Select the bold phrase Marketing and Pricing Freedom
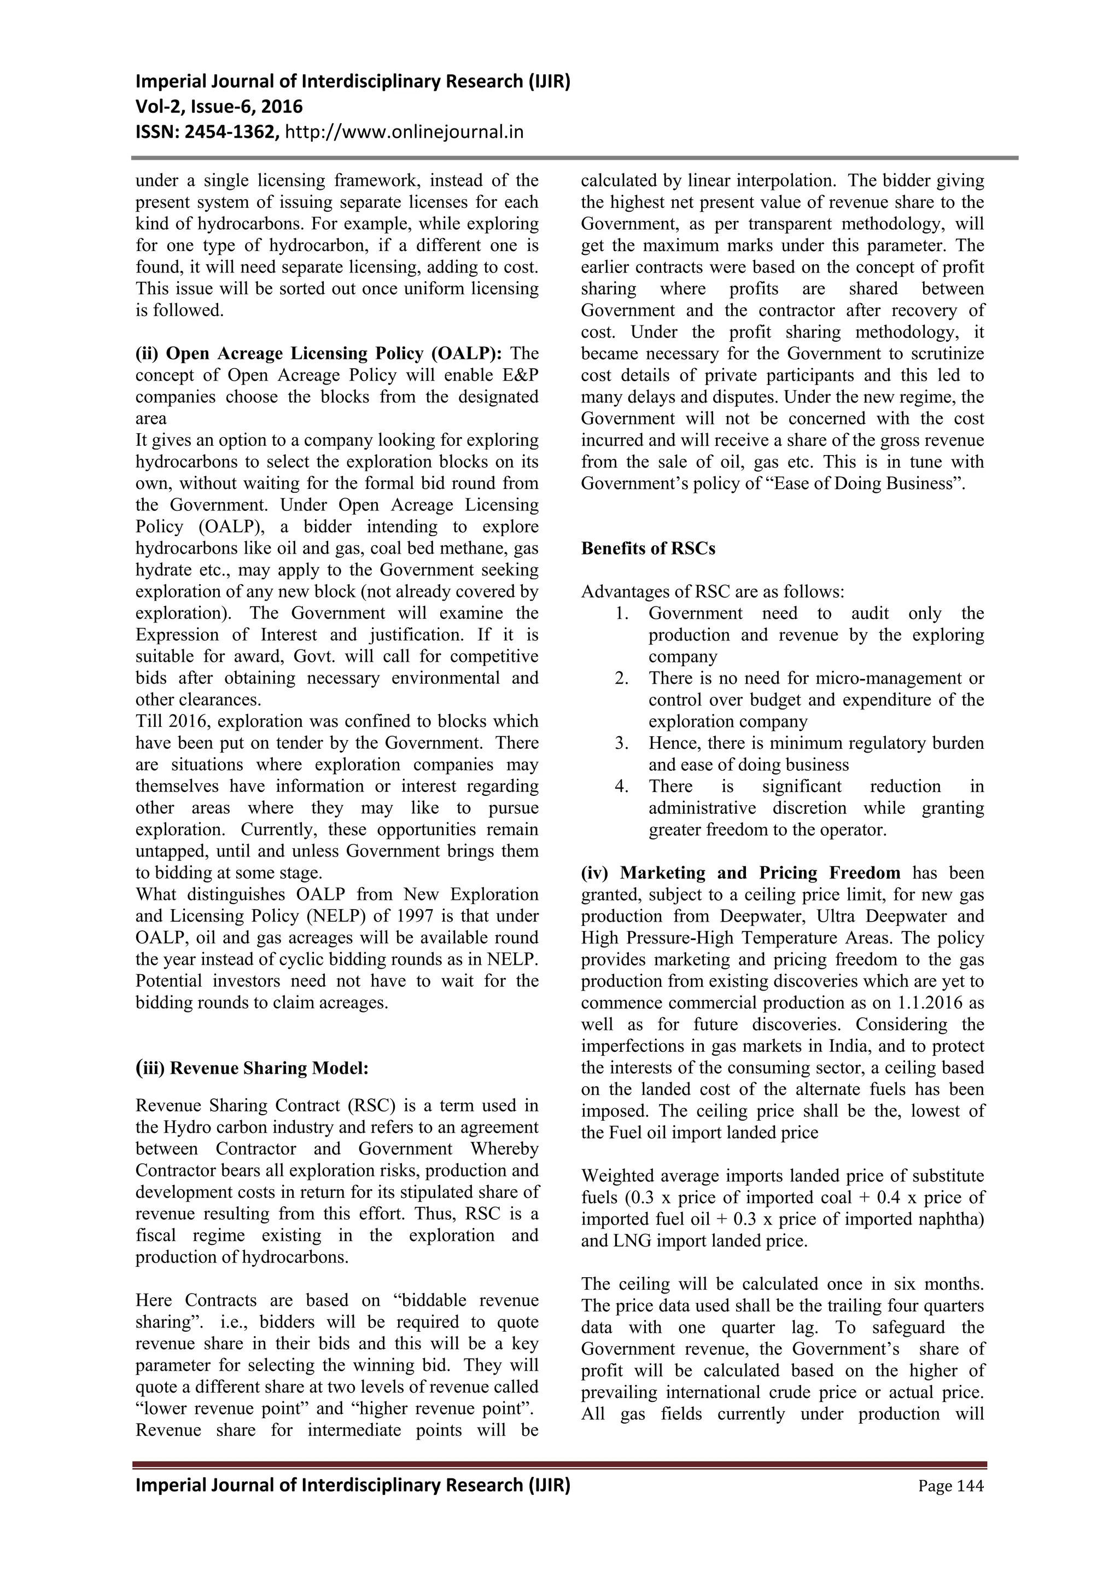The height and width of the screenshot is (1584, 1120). pyautogui.click(x=760, y=873)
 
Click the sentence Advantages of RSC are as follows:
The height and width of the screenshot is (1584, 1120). pyautogui.click(x=713, y=592)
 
